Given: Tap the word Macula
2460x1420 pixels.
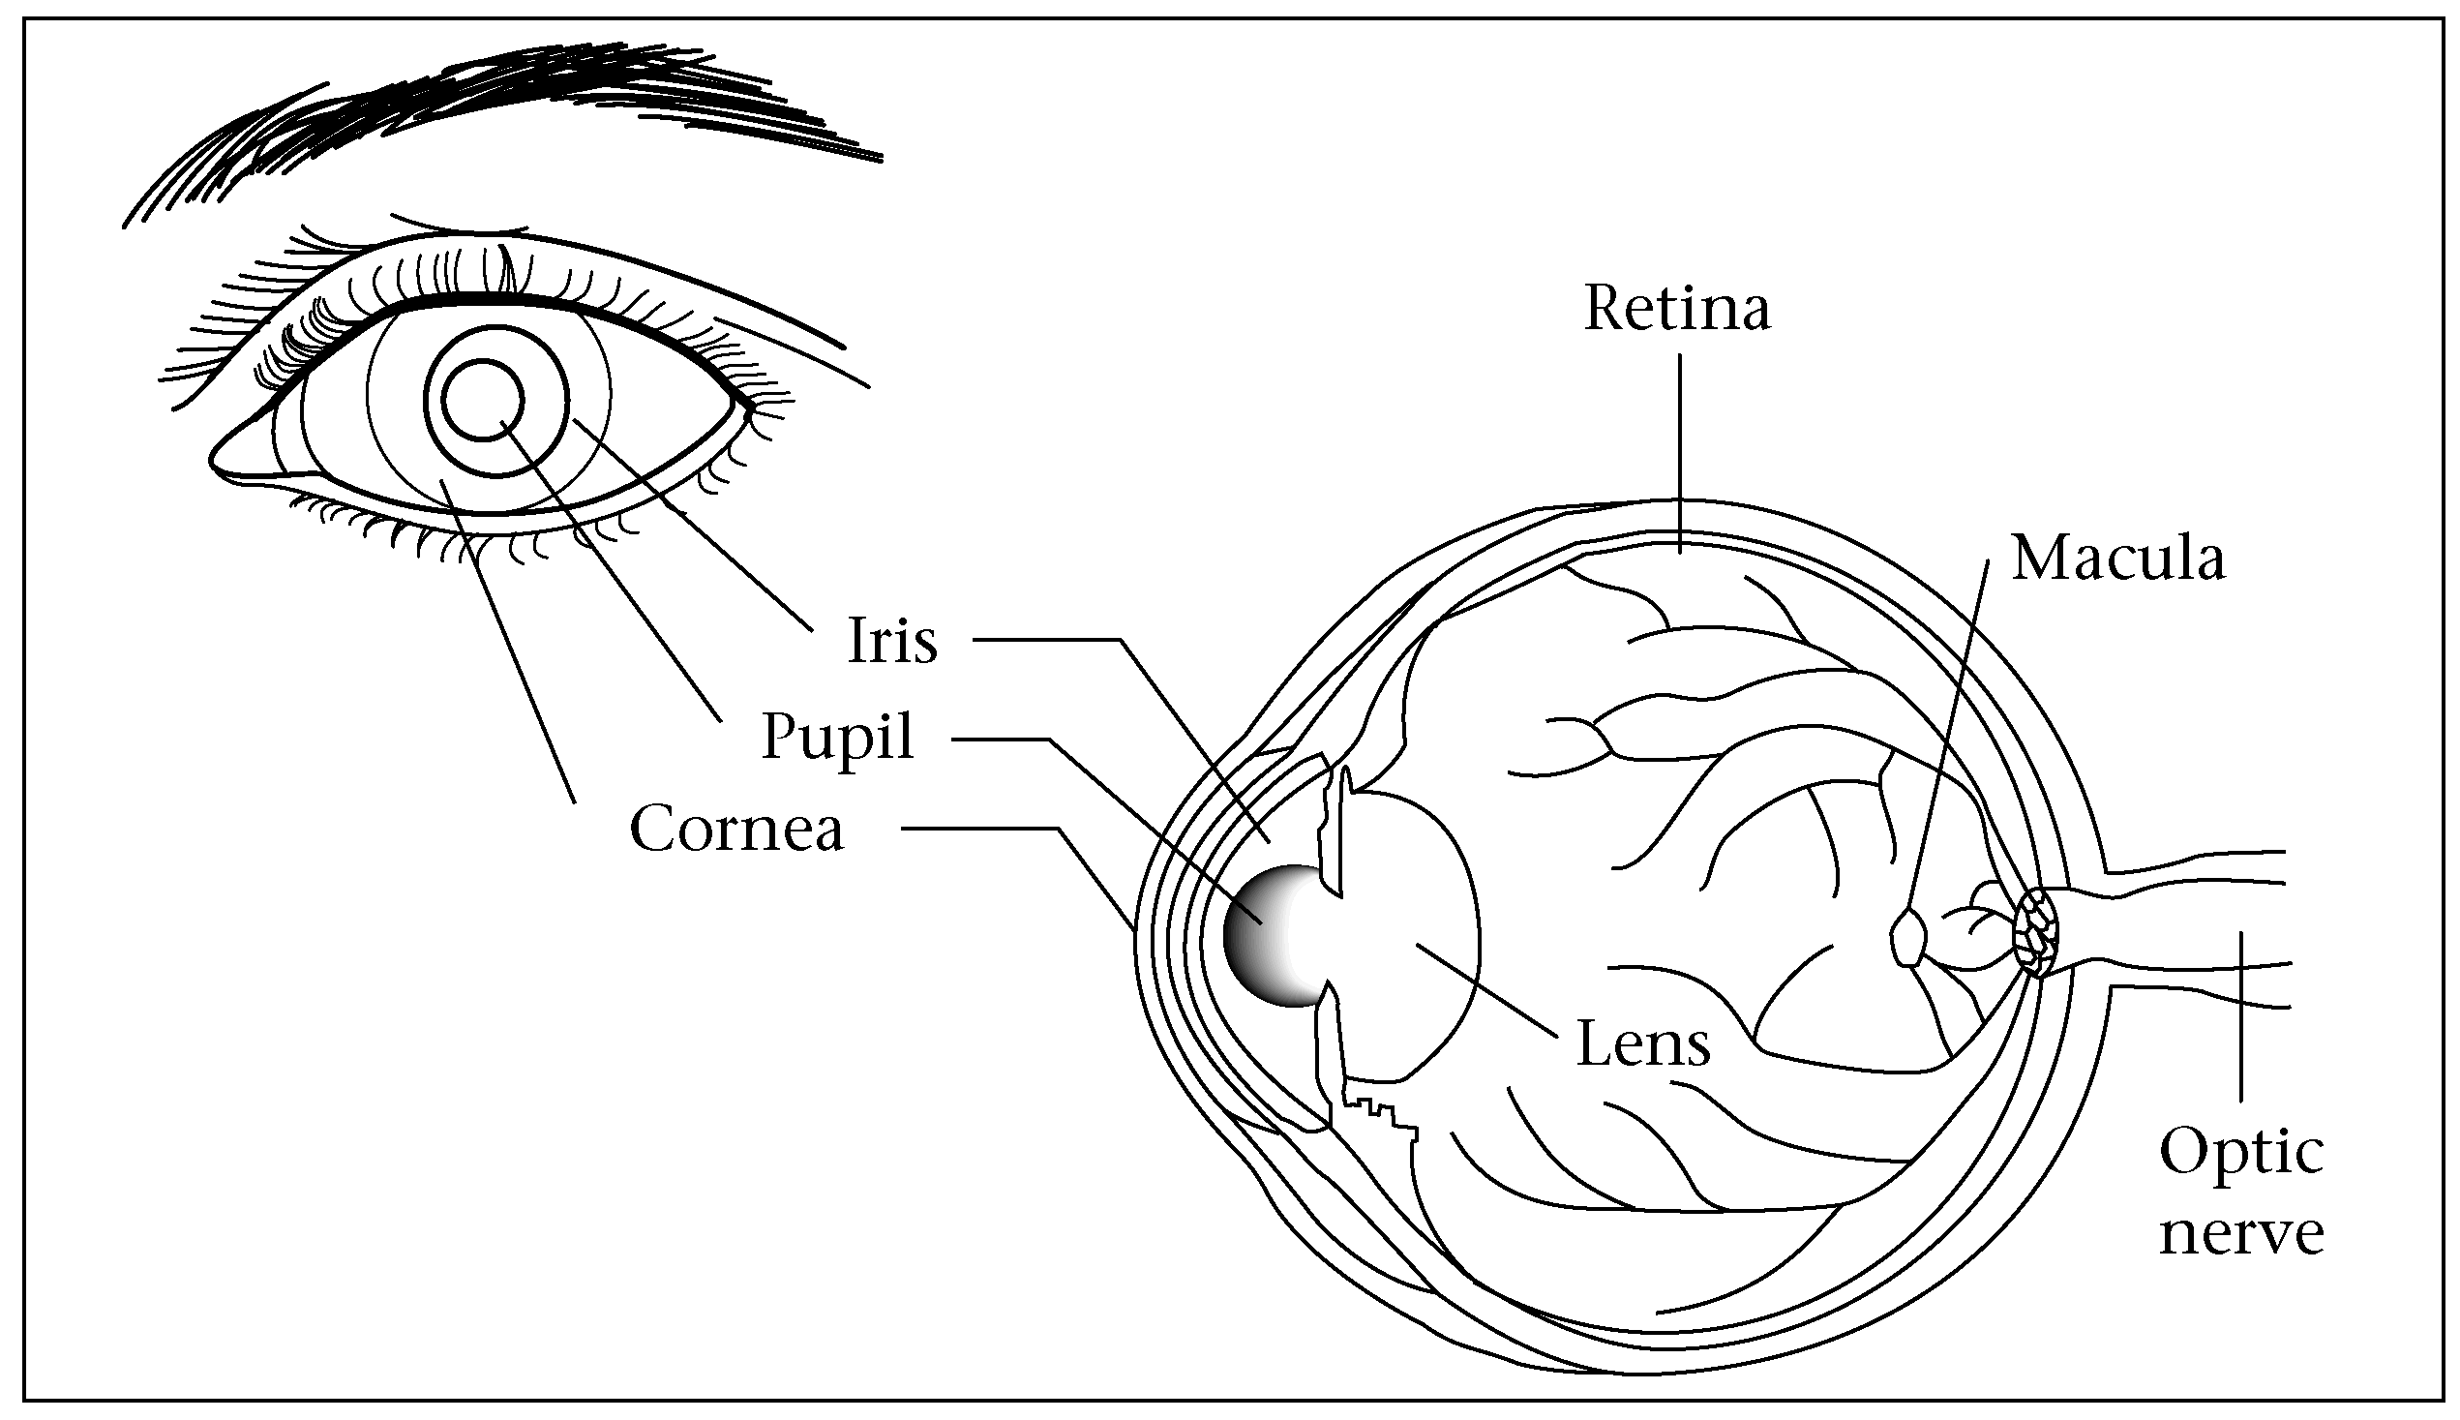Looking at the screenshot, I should coord(2118,559).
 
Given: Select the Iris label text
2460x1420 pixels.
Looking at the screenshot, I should coord(892,641).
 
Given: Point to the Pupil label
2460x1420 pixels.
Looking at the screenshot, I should coord(837,739).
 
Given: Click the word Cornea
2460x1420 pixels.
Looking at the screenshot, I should coord(736,829).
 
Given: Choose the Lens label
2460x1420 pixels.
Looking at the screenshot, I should coord(1643,1043).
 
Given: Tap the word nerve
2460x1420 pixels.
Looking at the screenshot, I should coord(2240,1233).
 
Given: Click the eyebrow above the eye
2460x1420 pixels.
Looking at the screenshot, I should coord(507,107).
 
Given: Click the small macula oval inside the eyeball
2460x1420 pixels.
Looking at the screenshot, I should coord(1908,938).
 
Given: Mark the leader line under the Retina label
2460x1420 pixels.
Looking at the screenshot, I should coord(1680,448).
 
